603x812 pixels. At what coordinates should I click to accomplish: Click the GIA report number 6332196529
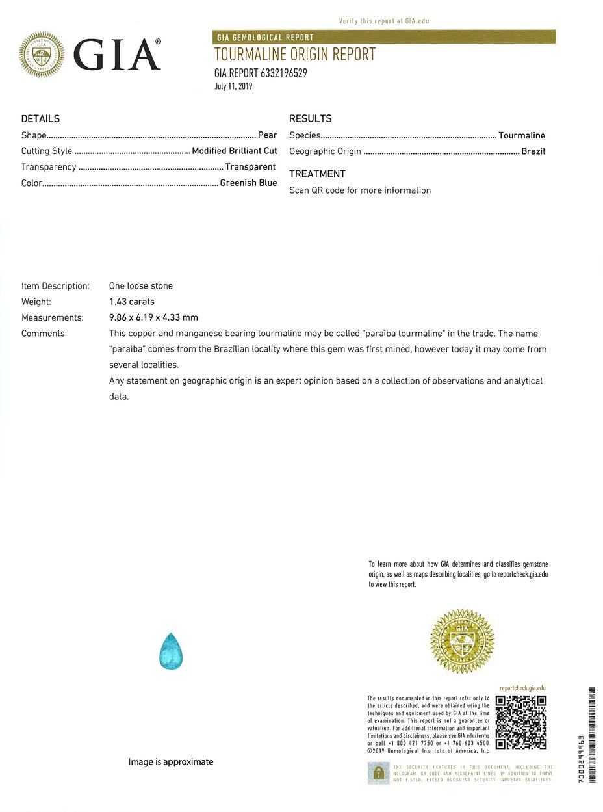[261, 73]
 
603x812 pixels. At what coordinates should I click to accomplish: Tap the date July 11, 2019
[233, 86]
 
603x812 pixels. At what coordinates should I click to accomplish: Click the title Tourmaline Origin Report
[295, 55]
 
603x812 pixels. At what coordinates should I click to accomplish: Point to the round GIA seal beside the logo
[42, 55]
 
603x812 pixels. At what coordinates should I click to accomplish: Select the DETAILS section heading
[40, 118]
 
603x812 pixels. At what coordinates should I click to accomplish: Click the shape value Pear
[267, 135]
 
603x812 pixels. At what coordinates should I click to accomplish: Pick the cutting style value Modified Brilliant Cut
[235, 151]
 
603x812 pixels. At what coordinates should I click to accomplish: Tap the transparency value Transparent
[250, 167]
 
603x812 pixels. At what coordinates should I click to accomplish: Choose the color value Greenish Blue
[248, 183]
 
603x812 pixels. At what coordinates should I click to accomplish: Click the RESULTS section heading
[310, 118]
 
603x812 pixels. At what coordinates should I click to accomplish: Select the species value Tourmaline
[522, 135]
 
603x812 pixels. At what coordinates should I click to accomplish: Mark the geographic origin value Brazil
[533, 151]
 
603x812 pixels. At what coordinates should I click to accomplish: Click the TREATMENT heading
[317, 174]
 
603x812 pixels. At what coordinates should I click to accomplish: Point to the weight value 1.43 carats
[132, 302]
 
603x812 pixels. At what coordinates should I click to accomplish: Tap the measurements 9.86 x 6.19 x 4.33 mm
[153, 317]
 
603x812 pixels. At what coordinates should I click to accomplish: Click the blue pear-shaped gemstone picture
[171, 651]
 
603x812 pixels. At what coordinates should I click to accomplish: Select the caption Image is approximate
[171, 761]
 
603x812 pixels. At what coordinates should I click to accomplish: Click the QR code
[520, 722]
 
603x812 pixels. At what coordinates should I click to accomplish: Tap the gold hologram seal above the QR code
[462, 641]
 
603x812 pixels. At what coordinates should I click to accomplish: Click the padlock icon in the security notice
[378, 773]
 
